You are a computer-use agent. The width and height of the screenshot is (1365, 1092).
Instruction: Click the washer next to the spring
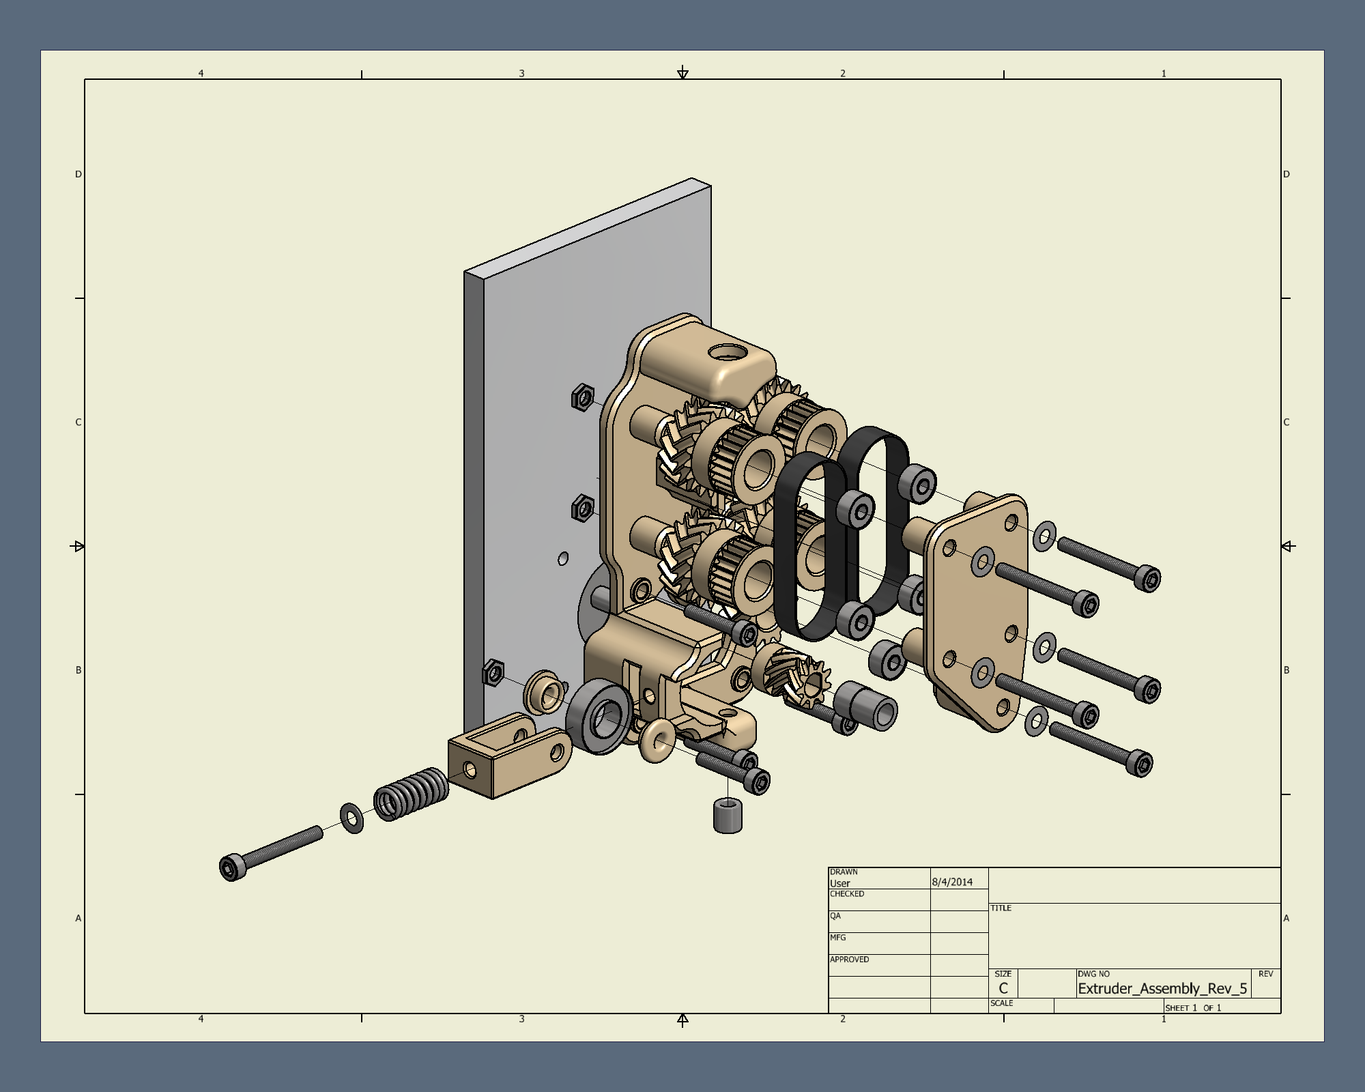pyautogui.click(x=351, y=818)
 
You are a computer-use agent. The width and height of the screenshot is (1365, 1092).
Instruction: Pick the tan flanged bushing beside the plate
pyautogui.click(x=545, y=692)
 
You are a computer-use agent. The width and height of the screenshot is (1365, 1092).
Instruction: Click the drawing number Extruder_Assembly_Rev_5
pyautogui.click(x=1162, y=988)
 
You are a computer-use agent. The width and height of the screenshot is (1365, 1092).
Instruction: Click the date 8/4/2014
pyautogui.click(x=952, y=882)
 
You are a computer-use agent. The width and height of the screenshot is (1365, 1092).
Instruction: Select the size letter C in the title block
pyautogui.click(x=1003, y=988)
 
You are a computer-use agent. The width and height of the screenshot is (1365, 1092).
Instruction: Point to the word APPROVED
pyautogui.click(x=849, y=960)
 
